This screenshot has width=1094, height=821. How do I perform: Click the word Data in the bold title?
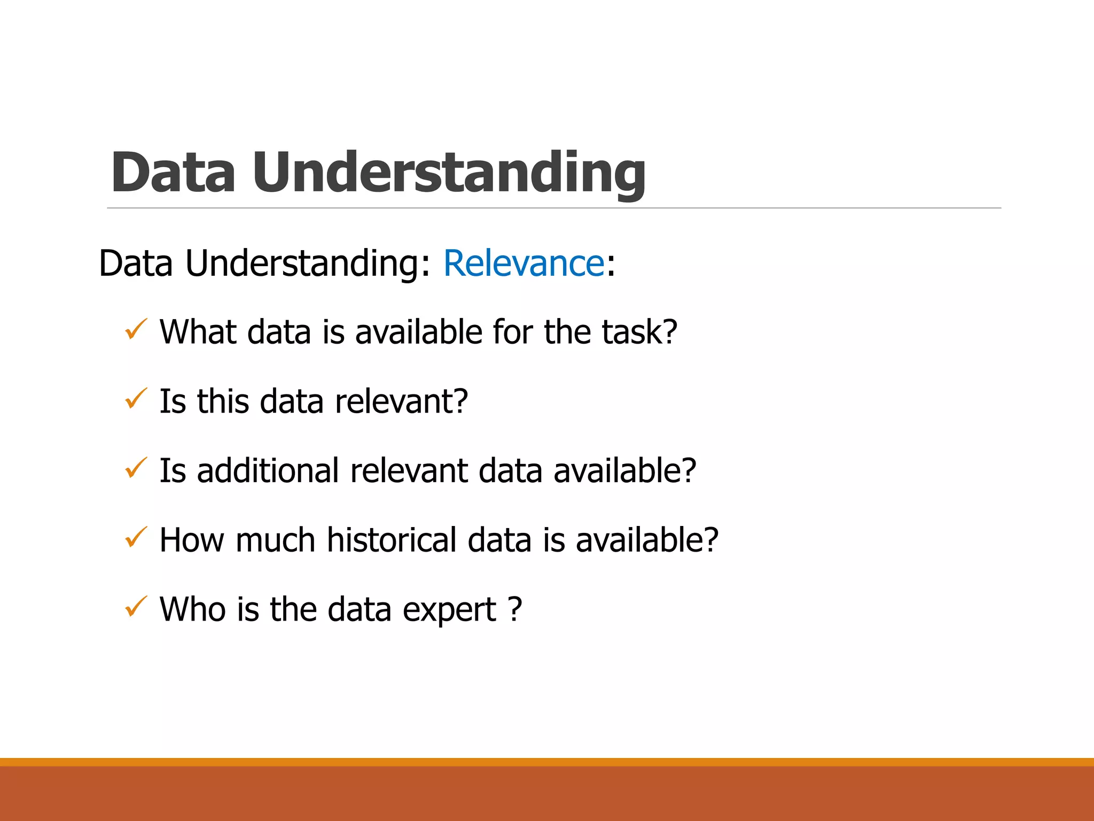[x=173, y=172]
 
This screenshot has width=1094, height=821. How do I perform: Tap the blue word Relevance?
[x=523, y=264]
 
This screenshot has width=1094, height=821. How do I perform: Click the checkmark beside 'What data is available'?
[x=136, y=329]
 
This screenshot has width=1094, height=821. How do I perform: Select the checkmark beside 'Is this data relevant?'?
[x=136, y=399]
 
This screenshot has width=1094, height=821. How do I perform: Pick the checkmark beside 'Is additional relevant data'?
[x=136, y=468]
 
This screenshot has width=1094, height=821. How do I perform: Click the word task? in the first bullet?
[x=639, y=332]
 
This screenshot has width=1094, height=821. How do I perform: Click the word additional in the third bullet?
[x=268, y=471]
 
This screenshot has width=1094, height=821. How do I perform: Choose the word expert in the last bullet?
[x=449, y=610]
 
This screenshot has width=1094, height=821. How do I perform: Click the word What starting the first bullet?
[x=197, y=332]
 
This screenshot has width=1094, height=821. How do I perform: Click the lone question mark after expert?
[x=514, y=609]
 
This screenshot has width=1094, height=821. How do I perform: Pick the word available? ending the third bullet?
[x=624, y=471]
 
